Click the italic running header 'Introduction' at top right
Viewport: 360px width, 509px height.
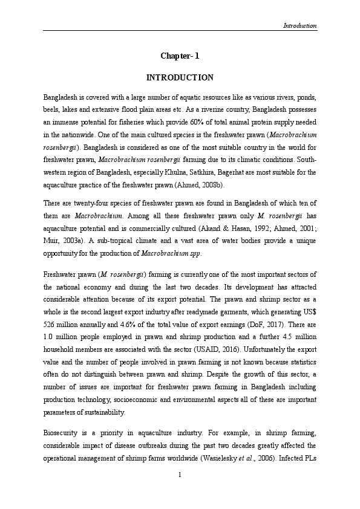pyautogui.click(x=300, y=26)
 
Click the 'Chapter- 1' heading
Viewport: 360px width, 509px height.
pyautogui.click(x=180, y=56)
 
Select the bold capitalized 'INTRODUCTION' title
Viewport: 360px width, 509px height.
pyautogui.click(x=180, y=78)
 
